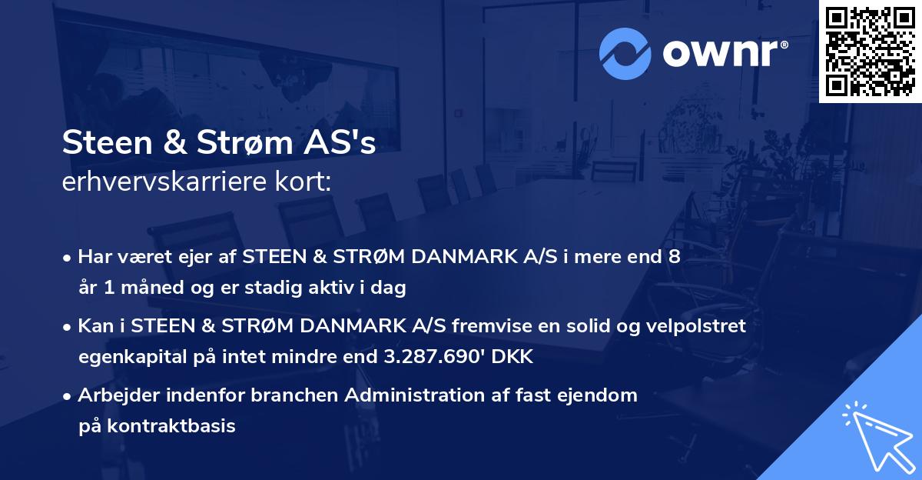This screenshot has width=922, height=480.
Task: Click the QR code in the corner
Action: coord(871,52)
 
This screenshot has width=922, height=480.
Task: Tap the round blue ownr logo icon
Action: coord(625,54)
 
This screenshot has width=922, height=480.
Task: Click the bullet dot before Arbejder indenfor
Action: coord(68,396)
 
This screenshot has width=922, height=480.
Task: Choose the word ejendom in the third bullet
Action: coord(600,395)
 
